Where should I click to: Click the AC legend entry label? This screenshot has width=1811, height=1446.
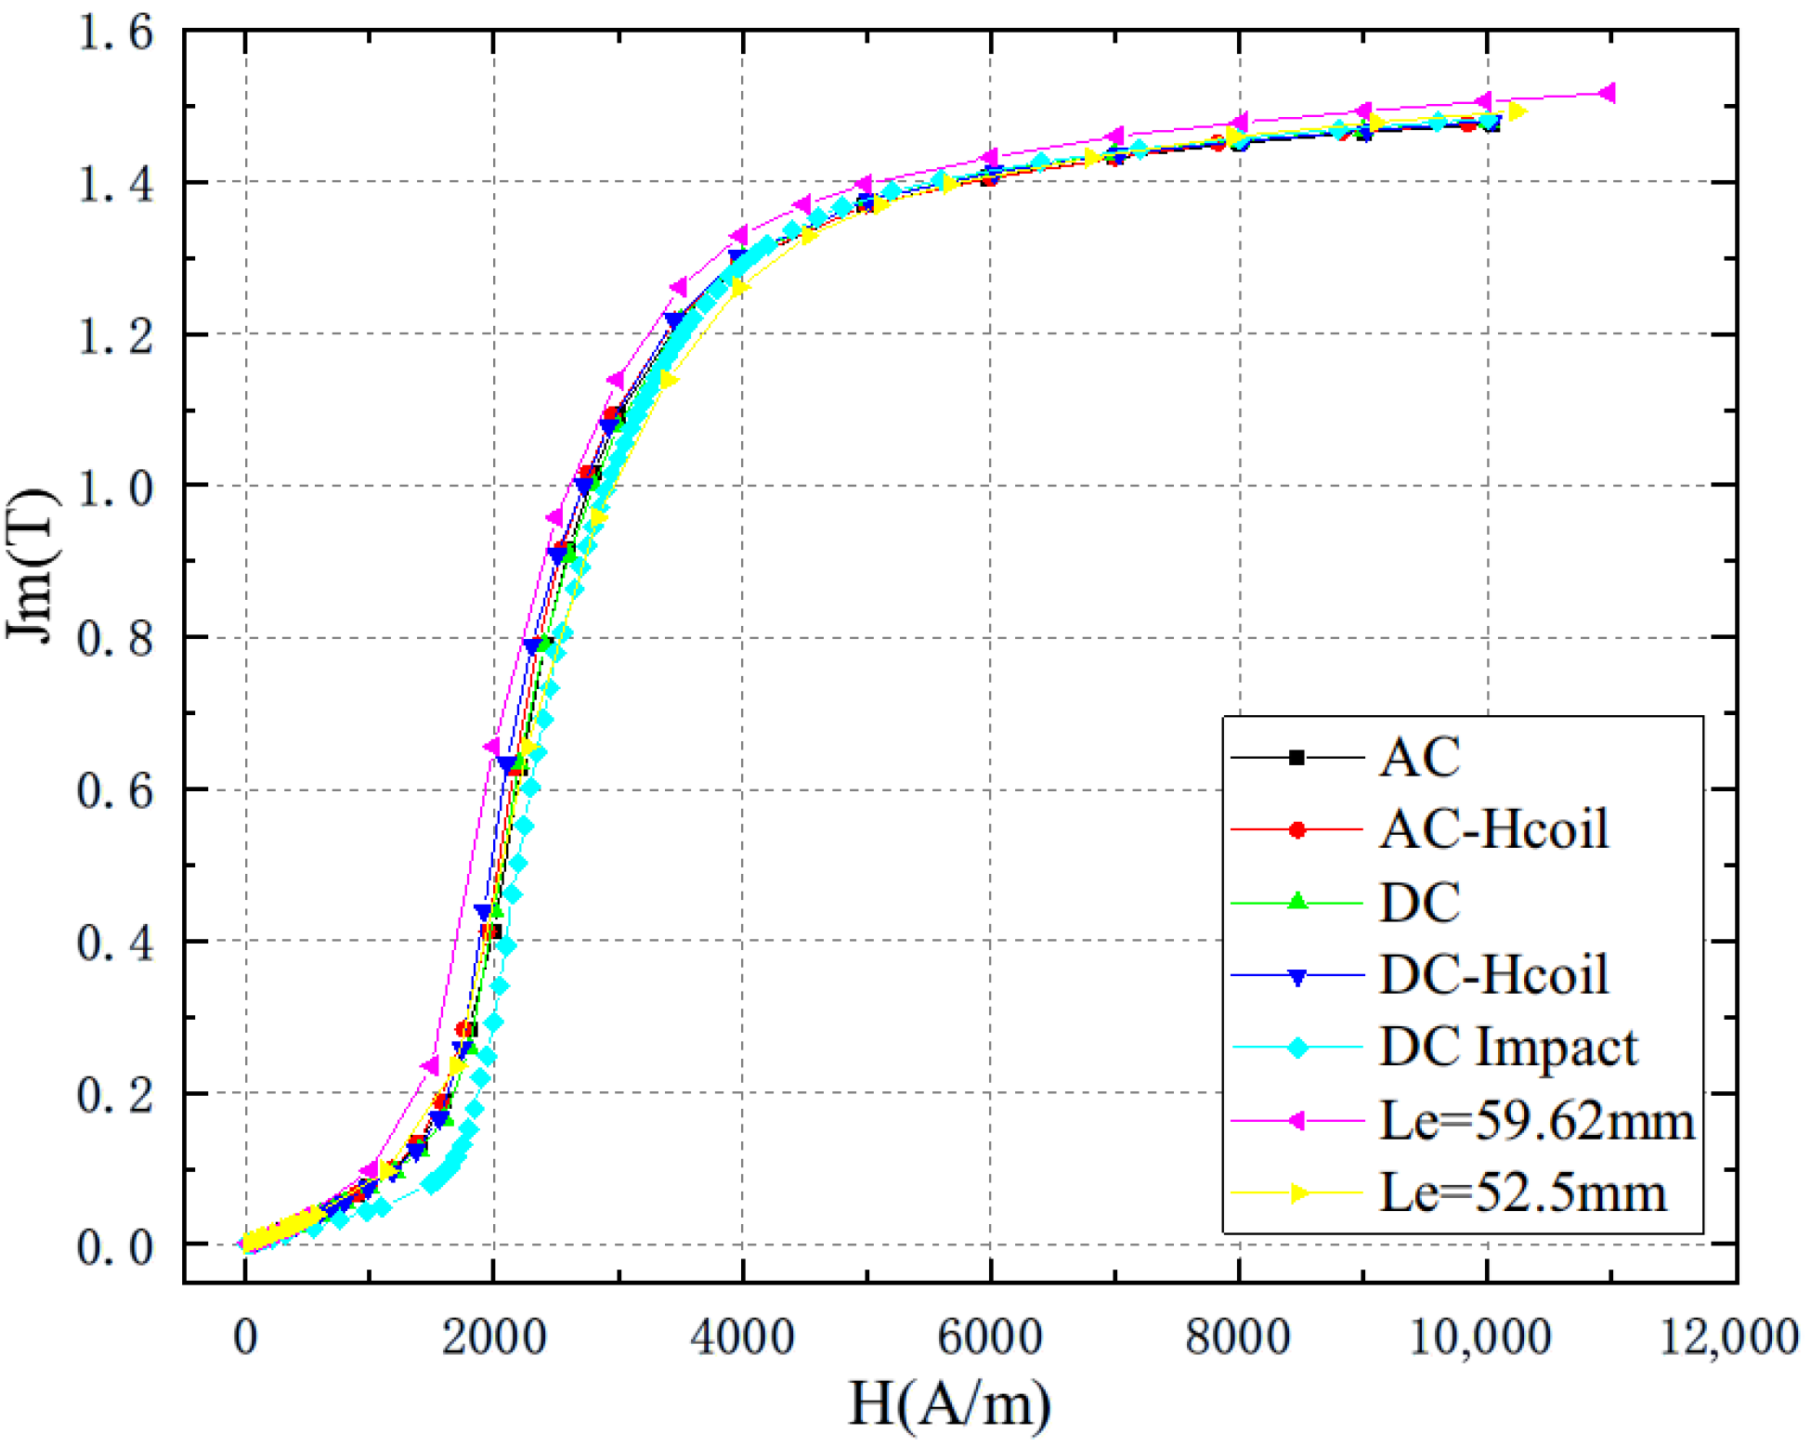pyautogui.click(x=1418, y=757)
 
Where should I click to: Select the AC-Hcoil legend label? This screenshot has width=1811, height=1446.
pyautogui.click(x=1493, y=829)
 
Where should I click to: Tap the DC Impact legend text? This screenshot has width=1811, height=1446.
pyautogui.click(x=1508, y=1047)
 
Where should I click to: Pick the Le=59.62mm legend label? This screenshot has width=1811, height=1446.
pyautogui.click(x=1536, y=1120)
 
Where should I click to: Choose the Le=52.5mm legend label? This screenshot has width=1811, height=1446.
pyautogui.click(x=1522, y=1192)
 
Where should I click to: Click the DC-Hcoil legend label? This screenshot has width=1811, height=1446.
pyautogui.click(x=1493, y=974)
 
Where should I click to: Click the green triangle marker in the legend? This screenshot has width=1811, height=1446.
pyautogui.click(x=1297, y=901)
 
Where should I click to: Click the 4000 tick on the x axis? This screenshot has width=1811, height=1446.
pyautogui.click(x=741, y=1338)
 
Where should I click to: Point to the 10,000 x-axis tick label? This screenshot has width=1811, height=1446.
pyautogui.click(x=1480, y=1338)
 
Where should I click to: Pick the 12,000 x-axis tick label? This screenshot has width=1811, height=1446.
pyautogui.click(x=1728, y=1338)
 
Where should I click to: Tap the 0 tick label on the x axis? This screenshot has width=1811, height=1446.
pyautogui.click(x=245, y=1338)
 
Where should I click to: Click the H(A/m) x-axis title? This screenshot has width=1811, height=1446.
pyautogui.click(x=949, y=1404)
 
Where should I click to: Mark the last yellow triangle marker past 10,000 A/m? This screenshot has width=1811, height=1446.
pyautogui.click(x=1516, y=112)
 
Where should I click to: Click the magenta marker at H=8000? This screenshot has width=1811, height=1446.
pyautogui.click(x=1236, y=123)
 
